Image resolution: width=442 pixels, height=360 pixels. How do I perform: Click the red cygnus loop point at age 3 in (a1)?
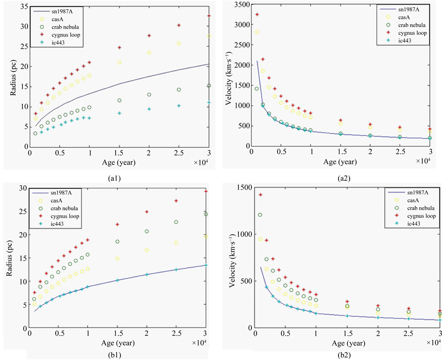click(209, 16)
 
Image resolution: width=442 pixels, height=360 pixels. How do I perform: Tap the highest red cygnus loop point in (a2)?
click(257, 15)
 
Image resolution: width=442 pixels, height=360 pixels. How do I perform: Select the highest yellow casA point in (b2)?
click(261, 239)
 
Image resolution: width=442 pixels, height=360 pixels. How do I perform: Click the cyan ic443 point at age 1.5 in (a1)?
click(119, 113)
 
